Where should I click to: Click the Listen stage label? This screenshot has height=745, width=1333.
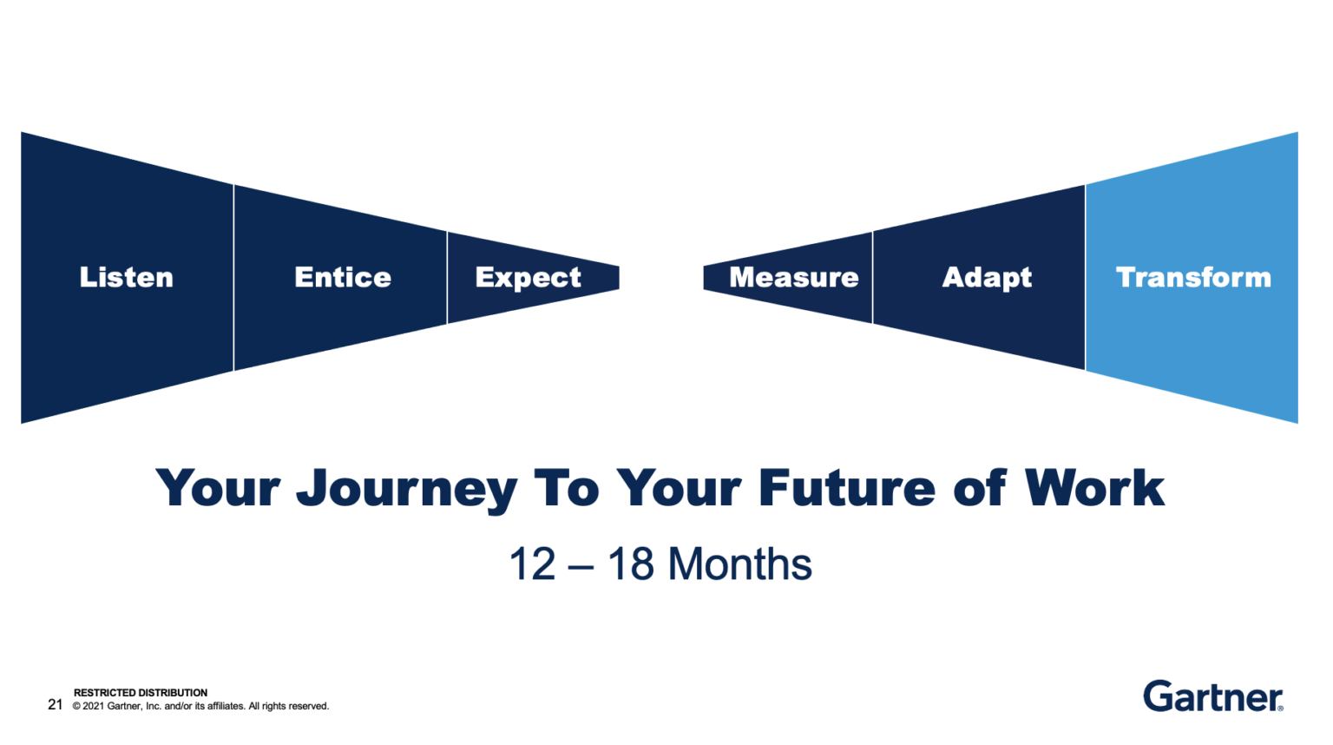pos(127,277)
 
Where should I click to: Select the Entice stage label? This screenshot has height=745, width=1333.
pos(343,277)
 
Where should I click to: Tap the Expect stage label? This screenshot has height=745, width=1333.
pos(528,278)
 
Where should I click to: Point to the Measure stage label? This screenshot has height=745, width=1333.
pos(793,277)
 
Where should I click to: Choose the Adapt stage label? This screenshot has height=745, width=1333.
pos(987,278)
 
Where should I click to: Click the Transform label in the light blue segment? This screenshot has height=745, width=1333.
pos(1193,277)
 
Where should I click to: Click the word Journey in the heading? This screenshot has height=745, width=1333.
pos(406,489)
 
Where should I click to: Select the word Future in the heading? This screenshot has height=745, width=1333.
pos(846,488)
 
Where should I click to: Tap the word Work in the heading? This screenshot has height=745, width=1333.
pos(1094,488)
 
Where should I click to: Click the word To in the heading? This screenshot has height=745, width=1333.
pos(566,488)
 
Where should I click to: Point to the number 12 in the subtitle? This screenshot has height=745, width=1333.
pos(532,564)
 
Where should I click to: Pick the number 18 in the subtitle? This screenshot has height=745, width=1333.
pos(631,564)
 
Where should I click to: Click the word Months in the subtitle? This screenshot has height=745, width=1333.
pos(740,564)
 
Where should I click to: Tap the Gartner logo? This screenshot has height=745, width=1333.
pos(1212,696)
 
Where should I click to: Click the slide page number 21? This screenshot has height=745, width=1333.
pos(56,704)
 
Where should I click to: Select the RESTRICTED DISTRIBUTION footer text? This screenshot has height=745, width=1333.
pos(141,693)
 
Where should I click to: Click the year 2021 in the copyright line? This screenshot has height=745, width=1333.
pos(93,706)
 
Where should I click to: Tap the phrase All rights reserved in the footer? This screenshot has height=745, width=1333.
pos(289,706)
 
